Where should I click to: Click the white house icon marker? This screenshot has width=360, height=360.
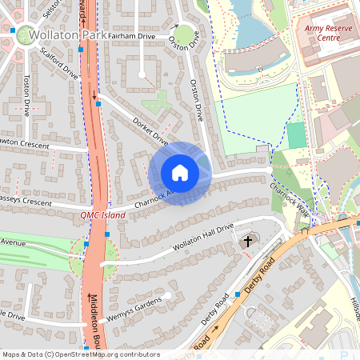tap(180, 172)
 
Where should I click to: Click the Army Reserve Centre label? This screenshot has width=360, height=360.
tap(328, 32)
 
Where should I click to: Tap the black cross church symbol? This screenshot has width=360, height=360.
tap(248, 240)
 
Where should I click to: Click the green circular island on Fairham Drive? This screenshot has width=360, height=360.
tap(184, 34)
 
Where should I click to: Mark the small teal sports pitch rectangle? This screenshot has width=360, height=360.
tap(296, 135)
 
